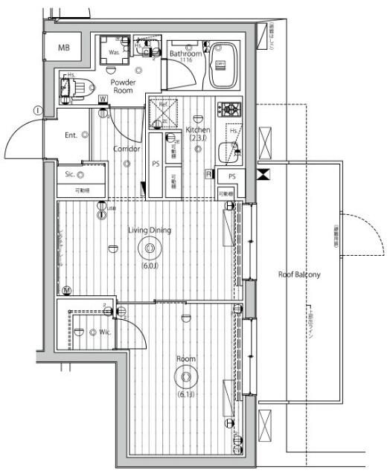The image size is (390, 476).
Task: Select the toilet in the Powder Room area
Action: tap(75, 87)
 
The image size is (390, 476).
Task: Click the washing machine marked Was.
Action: tap(115, 50)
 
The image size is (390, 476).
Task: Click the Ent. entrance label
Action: tap(72, 135)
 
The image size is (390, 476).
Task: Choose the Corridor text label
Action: tap(127, 149)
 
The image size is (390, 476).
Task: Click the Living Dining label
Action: tap(149, 230)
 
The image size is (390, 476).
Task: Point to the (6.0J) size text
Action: tap(149, 266)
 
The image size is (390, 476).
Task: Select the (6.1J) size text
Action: tap(185, 393)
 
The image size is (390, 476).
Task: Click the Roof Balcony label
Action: tap(299, 274)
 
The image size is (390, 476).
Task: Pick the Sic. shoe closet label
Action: tap(70, 175)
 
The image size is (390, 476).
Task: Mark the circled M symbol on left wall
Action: tap(66, 289)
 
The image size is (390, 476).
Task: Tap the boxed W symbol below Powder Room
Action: tap(100, 100)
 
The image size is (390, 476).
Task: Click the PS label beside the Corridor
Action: tap(156, 164)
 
